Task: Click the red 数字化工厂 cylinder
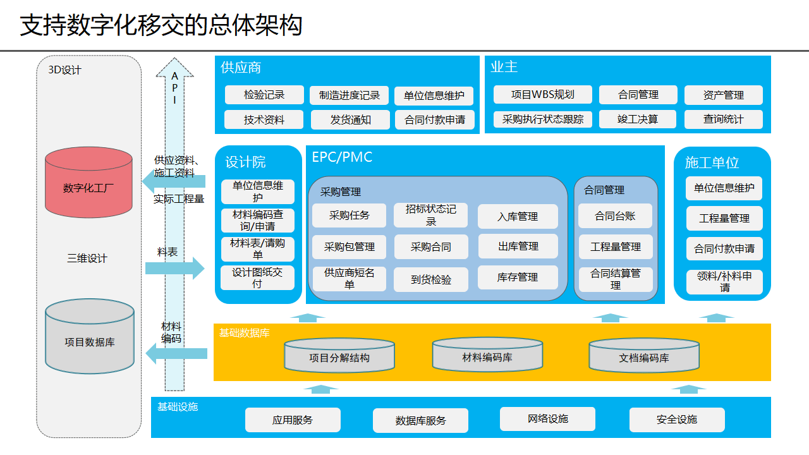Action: click(89, 187)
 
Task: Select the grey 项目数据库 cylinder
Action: click(90, 342)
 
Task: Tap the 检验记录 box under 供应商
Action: click(264, 95)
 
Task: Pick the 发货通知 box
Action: click(350, 119)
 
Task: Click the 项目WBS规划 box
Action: click(542, 95)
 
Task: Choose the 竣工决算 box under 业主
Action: click(638, 119)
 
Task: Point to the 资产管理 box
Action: click(723, 95)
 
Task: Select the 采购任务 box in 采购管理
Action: click(349, 215)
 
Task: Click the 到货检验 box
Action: click(430, 279)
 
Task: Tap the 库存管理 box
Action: click(518, 277)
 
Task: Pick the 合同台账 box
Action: click(615, 216)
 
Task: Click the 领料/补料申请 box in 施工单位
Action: click(724, 282)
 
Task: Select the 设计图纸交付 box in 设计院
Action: click(257, 278)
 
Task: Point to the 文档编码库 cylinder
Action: click(643, 357)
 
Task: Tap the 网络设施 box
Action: click(547, 419)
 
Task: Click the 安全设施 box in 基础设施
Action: click(676, 420)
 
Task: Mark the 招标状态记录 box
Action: click(430, 215)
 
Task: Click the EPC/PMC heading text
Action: click(342, 157)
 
